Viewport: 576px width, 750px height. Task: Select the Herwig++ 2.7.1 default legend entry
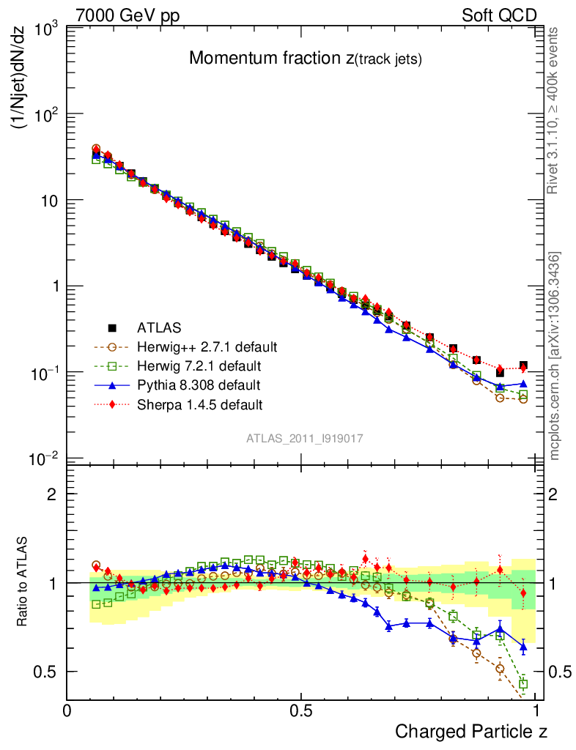(197, 346)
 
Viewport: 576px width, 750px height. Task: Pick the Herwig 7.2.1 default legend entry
(191, 365)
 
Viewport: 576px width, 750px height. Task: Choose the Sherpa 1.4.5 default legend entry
(190, 404)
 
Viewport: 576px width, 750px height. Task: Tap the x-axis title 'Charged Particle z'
(470, 731)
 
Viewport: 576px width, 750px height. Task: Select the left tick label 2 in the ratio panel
(52, 494)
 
